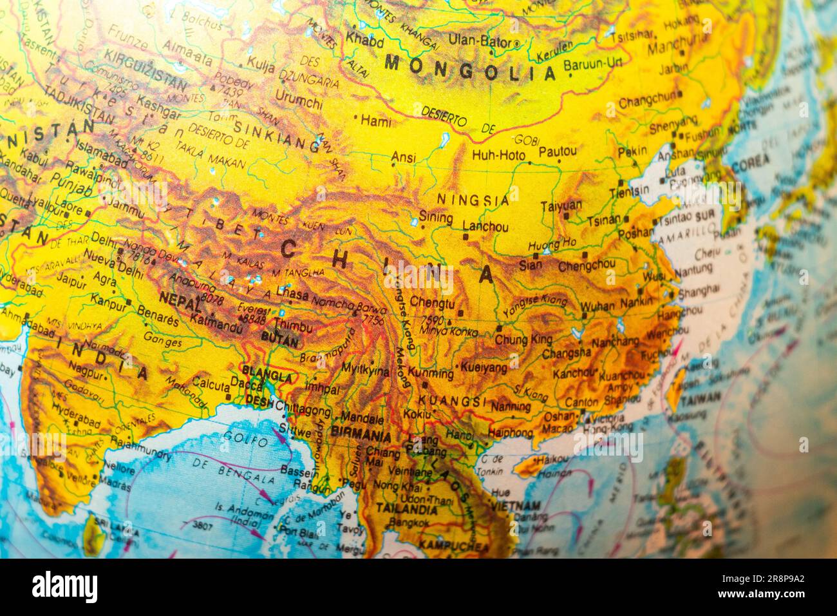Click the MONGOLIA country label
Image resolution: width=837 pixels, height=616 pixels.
point(470,68)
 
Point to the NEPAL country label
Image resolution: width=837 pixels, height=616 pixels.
point(176,300)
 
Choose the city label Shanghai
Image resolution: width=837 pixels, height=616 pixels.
point(698,291)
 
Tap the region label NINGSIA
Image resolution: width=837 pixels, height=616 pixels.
point(473,200)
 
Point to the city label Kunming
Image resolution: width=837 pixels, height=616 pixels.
point(431,373)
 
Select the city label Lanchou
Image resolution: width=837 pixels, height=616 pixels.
point(485,227)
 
